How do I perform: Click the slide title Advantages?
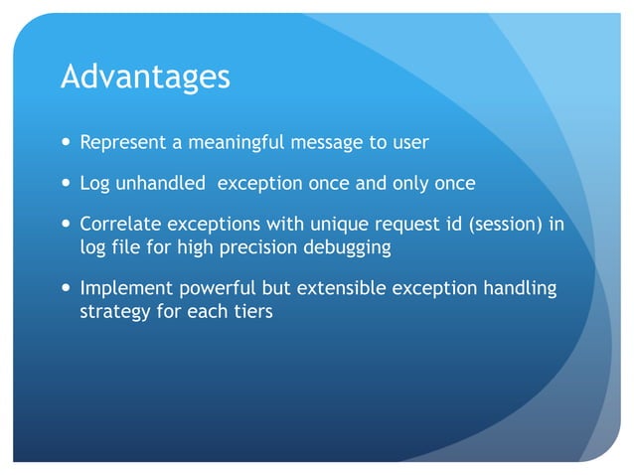(145, 77)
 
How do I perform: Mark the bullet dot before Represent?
(67, 142)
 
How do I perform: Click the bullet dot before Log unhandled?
(67, 184)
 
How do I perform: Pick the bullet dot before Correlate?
(67, 226)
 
